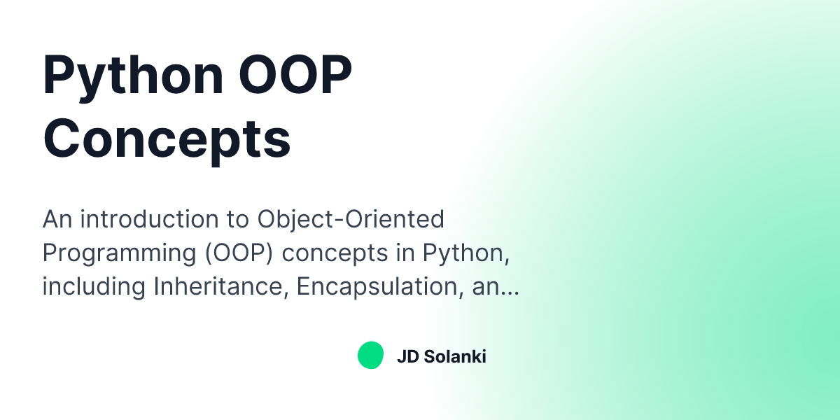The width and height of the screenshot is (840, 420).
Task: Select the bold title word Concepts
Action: (167, 139)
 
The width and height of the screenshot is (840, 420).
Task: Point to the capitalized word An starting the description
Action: (57, 219)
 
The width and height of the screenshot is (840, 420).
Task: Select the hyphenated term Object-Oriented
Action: (351, 219)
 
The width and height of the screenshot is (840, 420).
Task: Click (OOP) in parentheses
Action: (241, 253)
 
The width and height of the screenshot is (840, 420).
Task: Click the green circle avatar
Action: (370, 356)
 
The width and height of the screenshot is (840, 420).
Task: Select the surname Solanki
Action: (454, 356)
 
